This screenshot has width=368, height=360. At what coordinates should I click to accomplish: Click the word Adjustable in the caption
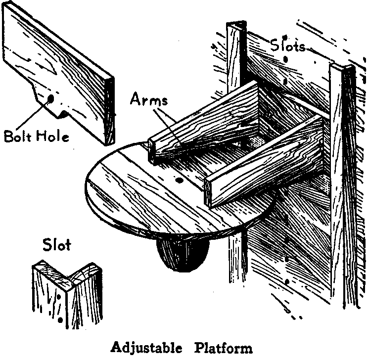coord(146,348)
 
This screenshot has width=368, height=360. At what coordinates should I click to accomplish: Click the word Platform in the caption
coord(224,347)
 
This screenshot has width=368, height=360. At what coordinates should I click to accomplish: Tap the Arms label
coord(149,99)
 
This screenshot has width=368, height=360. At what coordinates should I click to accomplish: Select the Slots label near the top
coord(288,45)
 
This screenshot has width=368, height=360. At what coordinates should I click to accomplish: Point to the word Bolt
coord(18,136)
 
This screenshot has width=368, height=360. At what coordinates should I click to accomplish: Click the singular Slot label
coord(56,245)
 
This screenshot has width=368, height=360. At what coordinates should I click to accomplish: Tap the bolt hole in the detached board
coord(50,99)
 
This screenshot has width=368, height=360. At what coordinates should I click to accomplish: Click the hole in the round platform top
coord(180,180)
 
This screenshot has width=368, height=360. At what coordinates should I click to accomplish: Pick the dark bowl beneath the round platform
coord(183,255)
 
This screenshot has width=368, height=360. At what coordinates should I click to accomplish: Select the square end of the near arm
coord(208,193)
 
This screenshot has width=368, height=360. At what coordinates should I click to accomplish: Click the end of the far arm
coord(152,152)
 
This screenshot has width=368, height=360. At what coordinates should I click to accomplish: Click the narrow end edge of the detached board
coord(109,110)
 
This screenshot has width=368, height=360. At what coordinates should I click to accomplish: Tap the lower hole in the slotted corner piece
coord(60,319)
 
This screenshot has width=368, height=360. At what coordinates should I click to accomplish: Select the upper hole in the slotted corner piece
coord(59,297)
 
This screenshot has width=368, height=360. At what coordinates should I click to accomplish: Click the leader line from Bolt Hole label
coord(32,115)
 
